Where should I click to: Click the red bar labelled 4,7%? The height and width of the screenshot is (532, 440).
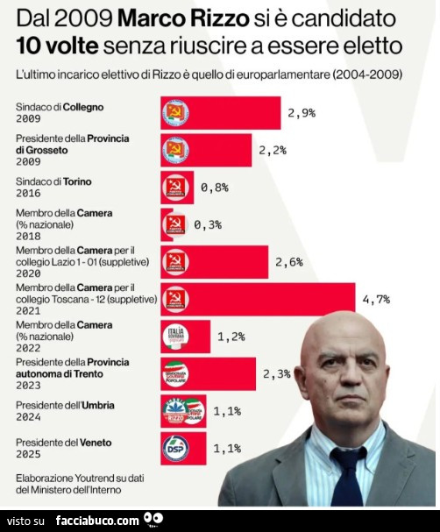[258, 299]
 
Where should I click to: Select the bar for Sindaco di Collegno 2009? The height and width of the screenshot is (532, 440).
[220, 113]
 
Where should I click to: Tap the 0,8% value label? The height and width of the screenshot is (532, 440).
[215, 188]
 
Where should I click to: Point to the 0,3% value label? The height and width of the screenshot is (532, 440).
[208, 224]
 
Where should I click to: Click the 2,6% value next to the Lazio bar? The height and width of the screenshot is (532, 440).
[288, 261]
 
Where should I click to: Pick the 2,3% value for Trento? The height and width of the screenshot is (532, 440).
[276, 372]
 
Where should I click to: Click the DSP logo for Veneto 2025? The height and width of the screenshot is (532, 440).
[176, 449]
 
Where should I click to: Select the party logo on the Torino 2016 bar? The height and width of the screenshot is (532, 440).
[176, 188]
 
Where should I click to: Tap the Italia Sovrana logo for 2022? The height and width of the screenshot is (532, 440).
[176, 336]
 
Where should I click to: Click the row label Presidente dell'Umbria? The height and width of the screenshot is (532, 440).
[65, 406]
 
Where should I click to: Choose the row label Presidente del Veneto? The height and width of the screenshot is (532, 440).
[64, 443]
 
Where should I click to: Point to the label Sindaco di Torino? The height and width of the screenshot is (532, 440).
[54, 181]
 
